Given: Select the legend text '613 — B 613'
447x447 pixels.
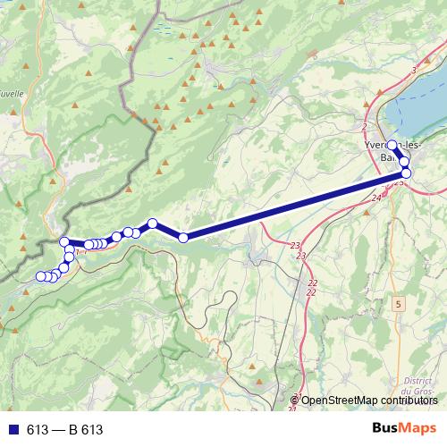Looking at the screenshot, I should pyautogui.click(x=64, y=430).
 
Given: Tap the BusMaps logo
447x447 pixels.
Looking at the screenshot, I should pyautogui.click(x=403, y=429).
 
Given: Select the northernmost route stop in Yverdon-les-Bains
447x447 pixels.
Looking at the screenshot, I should pyautogui.click(x=392, y=145).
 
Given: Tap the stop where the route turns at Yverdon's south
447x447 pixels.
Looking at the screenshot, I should pyautogui.click(x=406, y=173).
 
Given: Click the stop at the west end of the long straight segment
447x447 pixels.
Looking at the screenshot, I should pyautogui.click(x=183, y=237).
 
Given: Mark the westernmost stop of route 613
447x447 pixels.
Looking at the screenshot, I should pyautogui.click(x=39, y=276).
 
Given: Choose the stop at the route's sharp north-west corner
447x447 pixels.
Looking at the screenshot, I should pyautogui.click(x=64, y=242).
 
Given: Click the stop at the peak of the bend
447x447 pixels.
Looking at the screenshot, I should pyautogui.click(x=153, y=223).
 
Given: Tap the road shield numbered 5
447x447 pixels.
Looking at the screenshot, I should pyautogui.click(x=397, y=305).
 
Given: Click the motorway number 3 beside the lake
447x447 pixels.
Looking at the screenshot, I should pyautogui.click(x=414, y=70).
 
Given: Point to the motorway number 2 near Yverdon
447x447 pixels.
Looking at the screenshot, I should pyautogui.click(x=365, y=128).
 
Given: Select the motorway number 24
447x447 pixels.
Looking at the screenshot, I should pyautogui.click(x=376, y=198).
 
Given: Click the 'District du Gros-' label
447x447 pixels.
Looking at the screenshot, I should pyautogui.click(x=417, y=385).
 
